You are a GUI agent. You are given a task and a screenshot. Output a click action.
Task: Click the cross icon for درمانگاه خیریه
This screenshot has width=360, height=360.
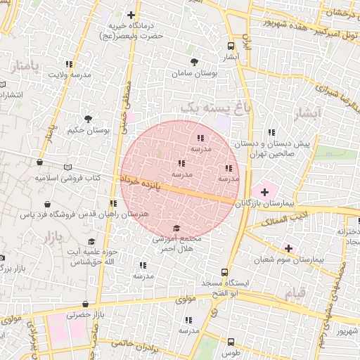tap(131, 15)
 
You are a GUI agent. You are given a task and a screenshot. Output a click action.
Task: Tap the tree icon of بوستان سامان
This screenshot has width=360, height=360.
tap(194, 62)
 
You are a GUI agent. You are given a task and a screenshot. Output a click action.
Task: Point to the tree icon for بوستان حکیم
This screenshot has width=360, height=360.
tap(88, 120)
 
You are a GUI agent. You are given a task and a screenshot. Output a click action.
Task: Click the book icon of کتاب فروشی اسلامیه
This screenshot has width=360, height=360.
tap(67, 167)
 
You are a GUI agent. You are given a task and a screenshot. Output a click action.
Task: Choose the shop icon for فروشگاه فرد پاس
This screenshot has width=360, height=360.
tap(47, 203)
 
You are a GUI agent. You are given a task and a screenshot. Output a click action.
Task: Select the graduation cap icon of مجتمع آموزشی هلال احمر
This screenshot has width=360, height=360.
tap(176, 228)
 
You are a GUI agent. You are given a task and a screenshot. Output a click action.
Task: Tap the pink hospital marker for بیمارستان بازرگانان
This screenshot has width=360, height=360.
tap(264, 191)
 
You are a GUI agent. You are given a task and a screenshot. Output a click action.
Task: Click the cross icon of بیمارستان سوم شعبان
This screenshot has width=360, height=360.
tap(288, 247)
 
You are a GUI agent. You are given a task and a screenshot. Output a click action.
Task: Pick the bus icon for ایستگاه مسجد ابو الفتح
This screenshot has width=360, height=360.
tap(224, 271)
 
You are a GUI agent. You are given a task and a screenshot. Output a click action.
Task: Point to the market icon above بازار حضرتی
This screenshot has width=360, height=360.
tap(86, 304)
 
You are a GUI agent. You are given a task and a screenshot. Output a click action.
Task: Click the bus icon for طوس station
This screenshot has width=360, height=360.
tap(231, 342)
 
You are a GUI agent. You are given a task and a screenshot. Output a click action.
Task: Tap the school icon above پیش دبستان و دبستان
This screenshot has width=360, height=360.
tap(271, 132)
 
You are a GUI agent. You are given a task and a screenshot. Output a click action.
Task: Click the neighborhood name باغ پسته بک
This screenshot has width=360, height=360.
tap(214, 107)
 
